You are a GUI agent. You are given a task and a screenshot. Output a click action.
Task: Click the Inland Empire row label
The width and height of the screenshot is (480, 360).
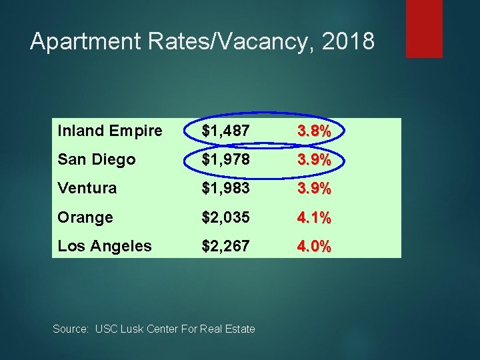(110, 131)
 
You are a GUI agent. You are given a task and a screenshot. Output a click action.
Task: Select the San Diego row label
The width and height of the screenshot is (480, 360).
(97, 159)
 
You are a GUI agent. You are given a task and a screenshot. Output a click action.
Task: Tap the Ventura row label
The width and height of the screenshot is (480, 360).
(87, 188)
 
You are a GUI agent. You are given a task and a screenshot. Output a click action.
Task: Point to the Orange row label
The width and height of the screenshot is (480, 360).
(85, 217)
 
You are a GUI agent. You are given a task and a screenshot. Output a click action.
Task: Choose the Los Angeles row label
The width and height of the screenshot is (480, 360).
(105, 246)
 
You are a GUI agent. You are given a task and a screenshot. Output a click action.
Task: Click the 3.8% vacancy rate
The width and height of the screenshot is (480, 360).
(313, 131)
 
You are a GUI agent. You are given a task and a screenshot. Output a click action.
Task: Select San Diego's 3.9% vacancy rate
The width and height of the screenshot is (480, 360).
(313, 160)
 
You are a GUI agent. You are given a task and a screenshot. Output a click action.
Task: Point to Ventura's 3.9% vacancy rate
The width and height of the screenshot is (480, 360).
(313, 189)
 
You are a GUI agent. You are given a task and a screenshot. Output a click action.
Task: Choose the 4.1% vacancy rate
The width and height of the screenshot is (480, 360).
(313, 218)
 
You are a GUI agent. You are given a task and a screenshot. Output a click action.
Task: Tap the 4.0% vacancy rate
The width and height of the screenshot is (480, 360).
(313, 247)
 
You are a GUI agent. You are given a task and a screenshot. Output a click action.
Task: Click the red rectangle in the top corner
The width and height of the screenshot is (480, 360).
(424, 28)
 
